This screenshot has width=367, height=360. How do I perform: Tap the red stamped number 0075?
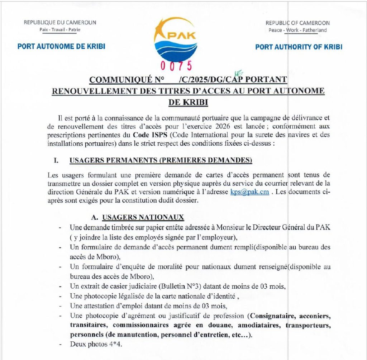(176, 66)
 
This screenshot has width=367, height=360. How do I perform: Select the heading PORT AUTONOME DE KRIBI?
(61, 47)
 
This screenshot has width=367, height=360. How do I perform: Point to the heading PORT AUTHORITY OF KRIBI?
(299, 47)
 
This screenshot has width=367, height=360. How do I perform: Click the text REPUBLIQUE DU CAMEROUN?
(60, 23)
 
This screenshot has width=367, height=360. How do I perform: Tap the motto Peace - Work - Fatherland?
(297, 30)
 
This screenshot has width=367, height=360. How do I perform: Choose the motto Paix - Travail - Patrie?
(60, 29)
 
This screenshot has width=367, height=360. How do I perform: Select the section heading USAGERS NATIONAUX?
(143, 217)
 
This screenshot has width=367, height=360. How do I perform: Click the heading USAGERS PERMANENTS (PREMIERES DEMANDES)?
(161, 160)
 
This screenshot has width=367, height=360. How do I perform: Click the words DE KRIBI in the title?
(188, 102)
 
